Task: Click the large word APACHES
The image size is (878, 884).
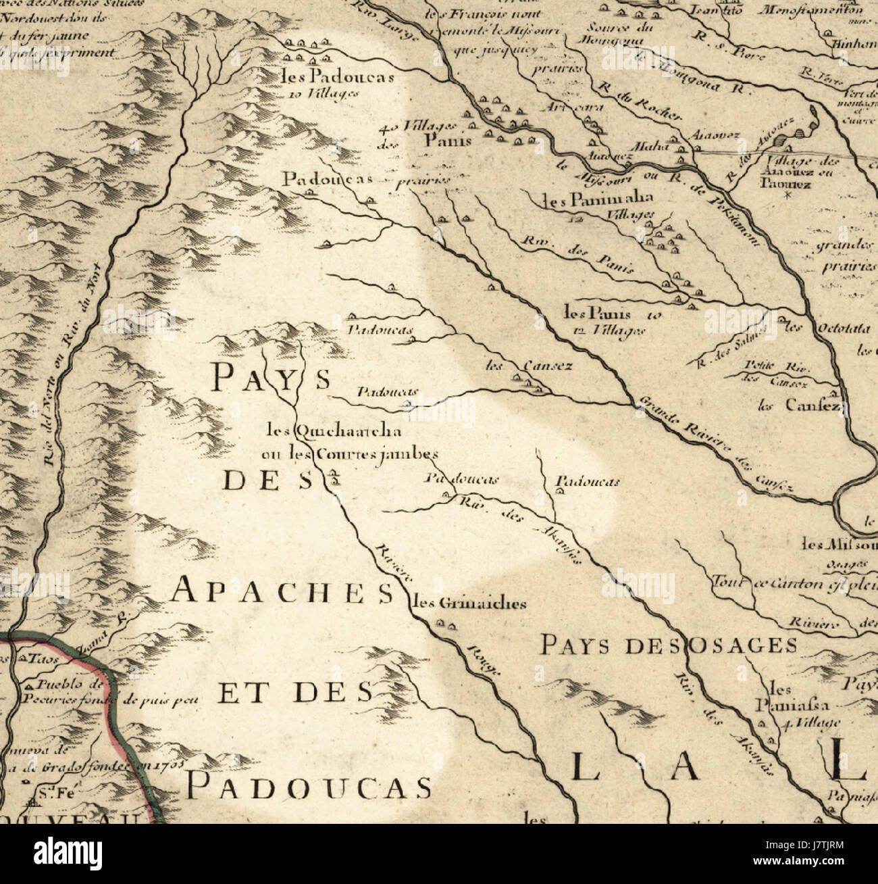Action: click(282, 592)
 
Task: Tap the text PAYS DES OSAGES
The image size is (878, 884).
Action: click(669, 646)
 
